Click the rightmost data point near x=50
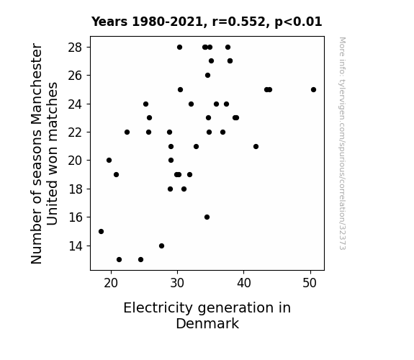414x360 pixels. (313, 90)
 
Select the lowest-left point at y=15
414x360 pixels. (101, 231)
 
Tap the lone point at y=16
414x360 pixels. (207, 217)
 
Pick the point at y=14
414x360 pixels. (161, 246)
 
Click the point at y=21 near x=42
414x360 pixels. (256, 146)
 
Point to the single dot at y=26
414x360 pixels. (208, 76)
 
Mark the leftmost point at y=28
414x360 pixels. (179, 48)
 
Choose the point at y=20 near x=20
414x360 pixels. (109, 160)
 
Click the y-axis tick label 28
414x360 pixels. (76, 48)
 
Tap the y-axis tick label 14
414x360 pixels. (76, 246)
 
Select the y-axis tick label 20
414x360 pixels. (76, 161)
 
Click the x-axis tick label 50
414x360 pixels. (310, 283)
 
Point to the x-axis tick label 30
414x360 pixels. (177, 283)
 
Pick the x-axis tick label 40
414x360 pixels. (243, 283)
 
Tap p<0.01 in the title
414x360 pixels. (298, 22)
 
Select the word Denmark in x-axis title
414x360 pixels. (207, 323)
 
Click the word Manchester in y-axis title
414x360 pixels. (37, 85)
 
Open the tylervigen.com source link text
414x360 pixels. (342, 143)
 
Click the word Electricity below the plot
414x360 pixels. (158, 308)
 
